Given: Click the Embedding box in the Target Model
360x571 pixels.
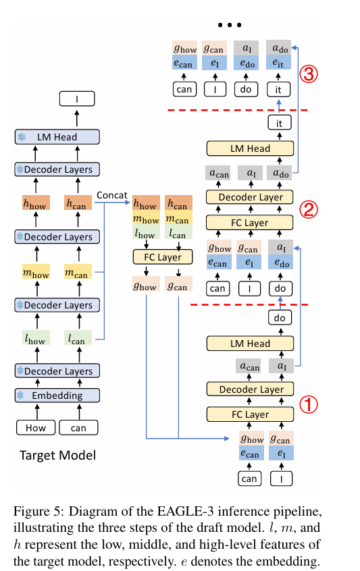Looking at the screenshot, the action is [57, 396].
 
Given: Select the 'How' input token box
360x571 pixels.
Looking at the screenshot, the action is [36, 427].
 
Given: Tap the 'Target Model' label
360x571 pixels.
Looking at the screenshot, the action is [57, 455].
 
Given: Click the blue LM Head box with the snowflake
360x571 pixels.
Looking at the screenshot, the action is [57, 137].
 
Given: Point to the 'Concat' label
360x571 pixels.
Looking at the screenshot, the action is [112, 195].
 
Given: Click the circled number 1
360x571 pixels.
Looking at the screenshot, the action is [308, 404].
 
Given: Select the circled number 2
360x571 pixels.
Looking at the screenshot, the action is [308, 210].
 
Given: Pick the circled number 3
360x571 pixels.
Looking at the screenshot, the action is [308, 74].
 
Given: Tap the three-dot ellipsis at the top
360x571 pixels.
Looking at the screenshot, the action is [230, 25].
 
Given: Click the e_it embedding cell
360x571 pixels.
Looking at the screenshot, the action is [278, 63].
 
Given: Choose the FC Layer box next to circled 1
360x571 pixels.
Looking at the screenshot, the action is [250, 414].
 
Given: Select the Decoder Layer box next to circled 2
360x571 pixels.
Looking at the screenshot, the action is [250, 197].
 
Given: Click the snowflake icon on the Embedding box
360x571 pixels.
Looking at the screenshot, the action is [20, 396].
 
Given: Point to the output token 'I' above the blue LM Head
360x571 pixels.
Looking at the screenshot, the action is [77, 99].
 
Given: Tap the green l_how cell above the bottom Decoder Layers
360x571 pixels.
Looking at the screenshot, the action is [36, 338].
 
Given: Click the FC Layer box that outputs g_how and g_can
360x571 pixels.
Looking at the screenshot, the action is [163, 257].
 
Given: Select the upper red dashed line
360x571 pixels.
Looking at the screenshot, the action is [238, 109].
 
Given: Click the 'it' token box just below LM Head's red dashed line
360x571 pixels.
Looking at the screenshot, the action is [280, 123].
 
